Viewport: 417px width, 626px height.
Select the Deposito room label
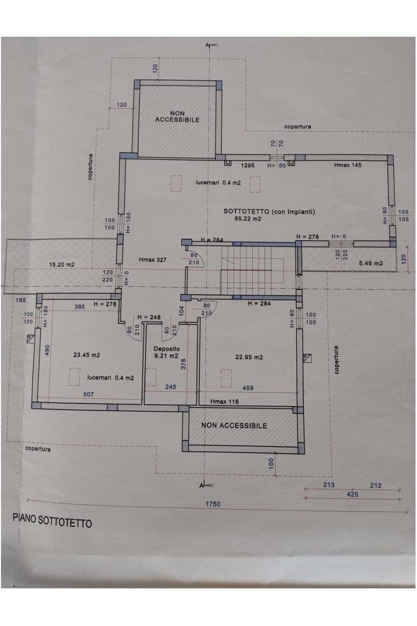(x=167, y=349)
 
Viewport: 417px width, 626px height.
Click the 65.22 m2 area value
(x=248, y=219)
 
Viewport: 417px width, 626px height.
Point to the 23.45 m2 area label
(x=87, y=355)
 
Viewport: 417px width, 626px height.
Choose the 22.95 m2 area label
(x=249, y=357)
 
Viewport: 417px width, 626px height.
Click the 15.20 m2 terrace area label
(x=62, y=265)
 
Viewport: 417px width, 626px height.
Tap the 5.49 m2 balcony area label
(x=371, y=263)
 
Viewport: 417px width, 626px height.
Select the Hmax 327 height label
(x=153, y=260)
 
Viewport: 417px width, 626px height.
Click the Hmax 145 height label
(x=348, y=165)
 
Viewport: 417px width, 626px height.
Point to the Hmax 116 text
(x=224, y=402)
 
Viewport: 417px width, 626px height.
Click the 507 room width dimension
(x=88, y=394)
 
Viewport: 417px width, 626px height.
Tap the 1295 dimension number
(x=248, y=165)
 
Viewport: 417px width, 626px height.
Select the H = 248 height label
(x=149, y=317)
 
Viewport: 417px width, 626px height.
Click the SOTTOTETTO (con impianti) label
(x=269, y=212)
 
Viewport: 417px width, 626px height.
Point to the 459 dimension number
(x=248, y=388)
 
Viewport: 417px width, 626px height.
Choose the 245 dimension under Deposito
(x=171, y=387)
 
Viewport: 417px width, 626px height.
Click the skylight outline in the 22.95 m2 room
(x=226, y=378)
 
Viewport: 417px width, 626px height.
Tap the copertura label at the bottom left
(x=38, y=448)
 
